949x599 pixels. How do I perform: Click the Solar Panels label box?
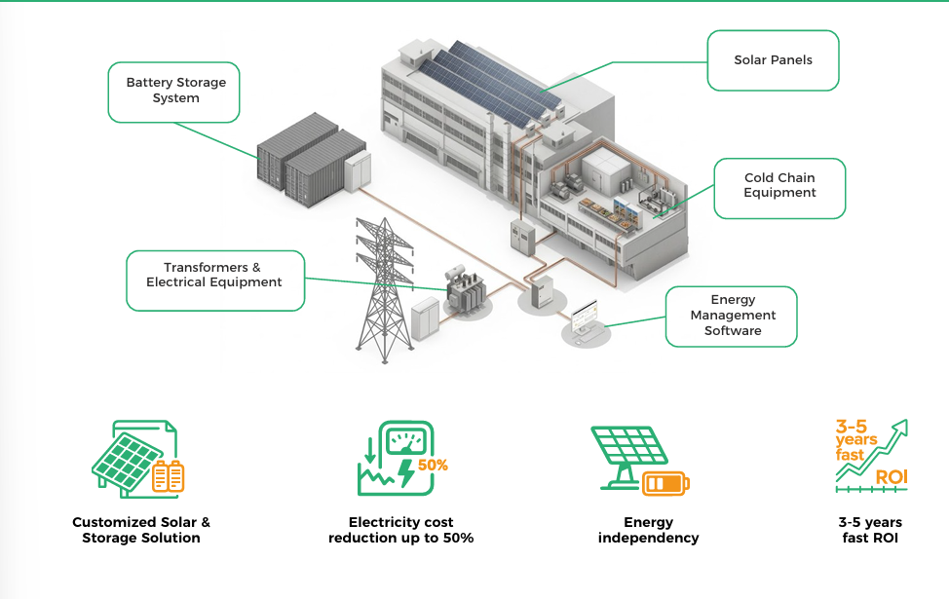coord(773,60)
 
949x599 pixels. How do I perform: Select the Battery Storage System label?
coord(173,92)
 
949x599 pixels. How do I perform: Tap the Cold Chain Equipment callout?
coord(779,188)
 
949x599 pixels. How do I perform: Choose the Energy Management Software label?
coord(731,317)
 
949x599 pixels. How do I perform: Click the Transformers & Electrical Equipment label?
coord(215,281)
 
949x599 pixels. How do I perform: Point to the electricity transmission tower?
coord(384,290)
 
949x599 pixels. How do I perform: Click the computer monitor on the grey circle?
coord(584,317)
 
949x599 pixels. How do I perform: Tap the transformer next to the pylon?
coord(466,288)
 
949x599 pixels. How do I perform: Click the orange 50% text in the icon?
coord(433,466)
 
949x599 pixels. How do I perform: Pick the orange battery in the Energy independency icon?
coord(665,483)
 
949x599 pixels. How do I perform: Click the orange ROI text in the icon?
coord(892,477)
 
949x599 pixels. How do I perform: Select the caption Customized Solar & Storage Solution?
coord(141,530)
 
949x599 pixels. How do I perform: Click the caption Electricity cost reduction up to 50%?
coord(400,530)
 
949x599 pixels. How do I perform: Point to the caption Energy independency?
coord(648,530)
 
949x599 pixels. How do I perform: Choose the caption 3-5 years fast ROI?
coord(870,530)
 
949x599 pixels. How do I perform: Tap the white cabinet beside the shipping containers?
coord(358,171)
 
